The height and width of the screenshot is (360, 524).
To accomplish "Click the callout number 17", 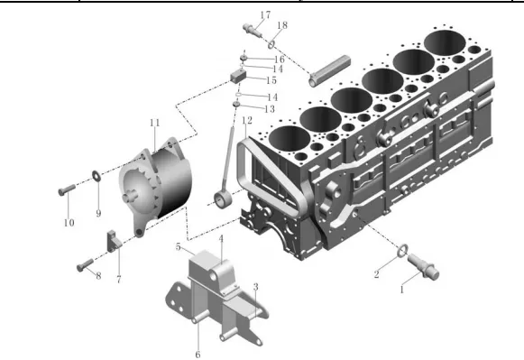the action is (265, 15).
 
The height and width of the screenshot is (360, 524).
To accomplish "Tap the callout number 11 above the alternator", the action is (155, 123).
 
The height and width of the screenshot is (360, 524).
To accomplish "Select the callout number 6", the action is (198, 354).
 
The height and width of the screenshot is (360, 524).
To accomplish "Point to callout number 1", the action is (402, 290).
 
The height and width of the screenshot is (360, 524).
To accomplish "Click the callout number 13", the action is (270, 109).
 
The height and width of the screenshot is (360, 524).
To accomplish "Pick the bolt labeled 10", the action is (67, 189).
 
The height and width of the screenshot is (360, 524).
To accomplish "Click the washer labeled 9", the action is (97, 175).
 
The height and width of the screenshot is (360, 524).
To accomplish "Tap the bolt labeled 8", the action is (85, 265).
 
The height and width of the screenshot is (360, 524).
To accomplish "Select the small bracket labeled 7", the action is (113, 240).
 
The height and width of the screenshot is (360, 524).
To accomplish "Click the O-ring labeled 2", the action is (402, 251).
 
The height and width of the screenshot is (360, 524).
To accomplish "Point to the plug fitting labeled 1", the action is (423, 267).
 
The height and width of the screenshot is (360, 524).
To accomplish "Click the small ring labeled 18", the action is (271, 44).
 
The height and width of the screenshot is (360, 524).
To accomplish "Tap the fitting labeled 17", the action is (253, 31).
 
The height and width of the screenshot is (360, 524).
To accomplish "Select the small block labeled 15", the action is (238, 77).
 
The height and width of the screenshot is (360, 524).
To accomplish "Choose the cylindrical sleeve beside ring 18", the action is (328, 71).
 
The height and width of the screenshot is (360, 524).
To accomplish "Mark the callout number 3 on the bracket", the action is (255, 287).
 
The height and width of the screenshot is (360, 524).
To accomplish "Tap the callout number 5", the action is (178, 247).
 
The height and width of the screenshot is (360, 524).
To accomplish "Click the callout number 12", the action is (247, 120).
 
